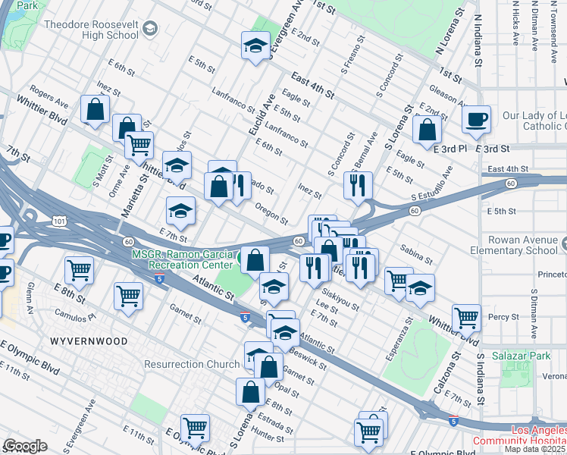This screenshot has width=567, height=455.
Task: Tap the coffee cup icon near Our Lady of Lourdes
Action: tap(477, 119)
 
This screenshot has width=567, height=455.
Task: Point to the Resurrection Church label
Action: tap(192, 364)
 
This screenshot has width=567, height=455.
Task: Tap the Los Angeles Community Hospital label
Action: tap(518, 435)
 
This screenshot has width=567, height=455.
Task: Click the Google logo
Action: tap(24, 446)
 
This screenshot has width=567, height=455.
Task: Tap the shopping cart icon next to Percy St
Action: tap(466, 318)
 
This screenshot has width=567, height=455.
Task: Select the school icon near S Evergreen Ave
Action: tap(255, 46)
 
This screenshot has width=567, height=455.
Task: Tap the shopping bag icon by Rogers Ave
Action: tap(96, 110)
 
